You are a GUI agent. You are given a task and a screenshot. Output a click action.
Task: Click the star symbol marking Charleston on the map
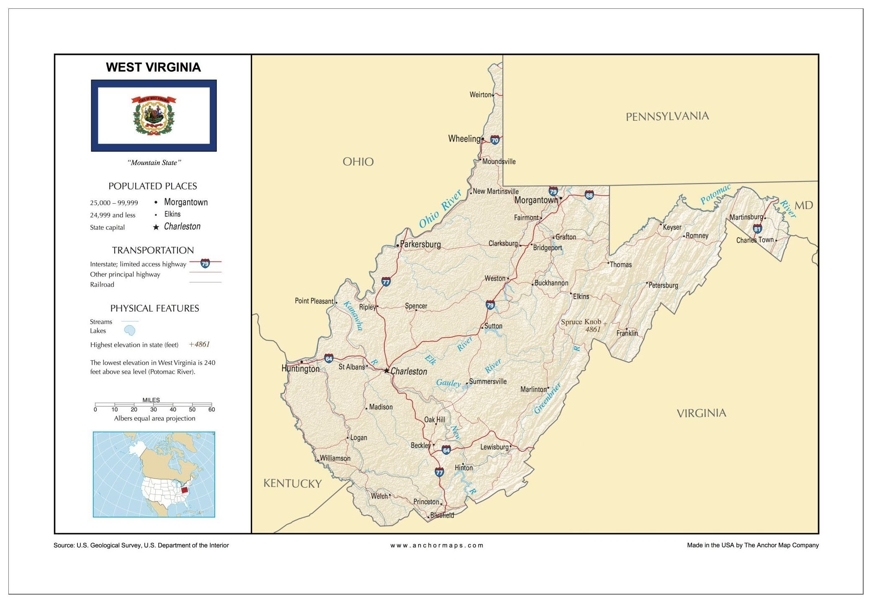pyautogui.click(x=386, y=371)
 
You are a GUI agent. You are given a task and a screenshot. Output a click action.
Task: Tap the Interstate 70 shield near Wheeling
pyautogui.click(x=495, y=140)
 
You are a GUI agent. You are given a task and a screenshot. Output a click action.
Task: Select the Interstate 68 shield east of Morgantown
pyautogui.click(x=589, y=195)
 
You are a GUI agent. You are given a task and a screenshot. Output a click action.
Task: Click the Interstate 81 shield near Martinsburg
pyautogui.click(x=757, y=229)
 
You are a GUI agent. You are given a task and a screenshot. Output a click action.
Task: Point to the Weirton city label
pyautogui.click(x=480, y=95)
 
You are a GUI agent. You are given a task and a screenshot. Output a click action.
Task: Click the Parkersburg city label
pyautogui.click(x=420, y=244)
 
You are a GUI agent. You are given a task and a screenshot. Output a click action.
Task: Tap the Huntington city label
pyautogui.click(x=300, y=369)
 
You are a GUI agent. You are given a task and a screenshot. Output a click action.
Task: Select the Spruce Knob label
pyautogui.click(x=581, y=322)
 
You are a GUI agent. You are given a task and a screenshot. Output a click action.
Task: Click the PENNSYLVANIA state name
pyautogui.click(x=667, y=116)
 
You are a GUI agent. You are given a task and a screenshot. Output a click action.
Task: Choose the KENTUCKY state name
pyautogui.click(x=292, y=484)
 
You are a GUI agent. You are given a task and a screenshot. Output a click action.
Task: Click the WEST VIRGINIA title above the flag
pyautogui.click(x=153, y=67)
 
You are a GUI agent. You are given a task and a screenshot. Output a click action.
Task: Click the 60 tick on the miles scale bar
pyautogui.click(x=211, y=409)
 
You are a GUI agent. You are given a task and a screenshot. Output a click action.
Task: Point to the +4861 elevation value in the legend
pyautogui.click(x=199, y=344)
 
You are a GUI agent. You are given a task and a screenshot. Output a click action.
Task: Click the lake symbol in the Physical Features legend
pyautogui.click(x=130, y=331)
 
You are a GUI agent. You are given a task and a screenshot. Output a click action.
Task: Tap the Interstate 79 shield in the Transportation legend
pyautogui.click(x=205, y=263)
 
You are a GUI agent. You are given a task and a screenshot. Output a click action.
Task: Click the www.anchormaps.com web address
pyautogui.click(x=437, y=545)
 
